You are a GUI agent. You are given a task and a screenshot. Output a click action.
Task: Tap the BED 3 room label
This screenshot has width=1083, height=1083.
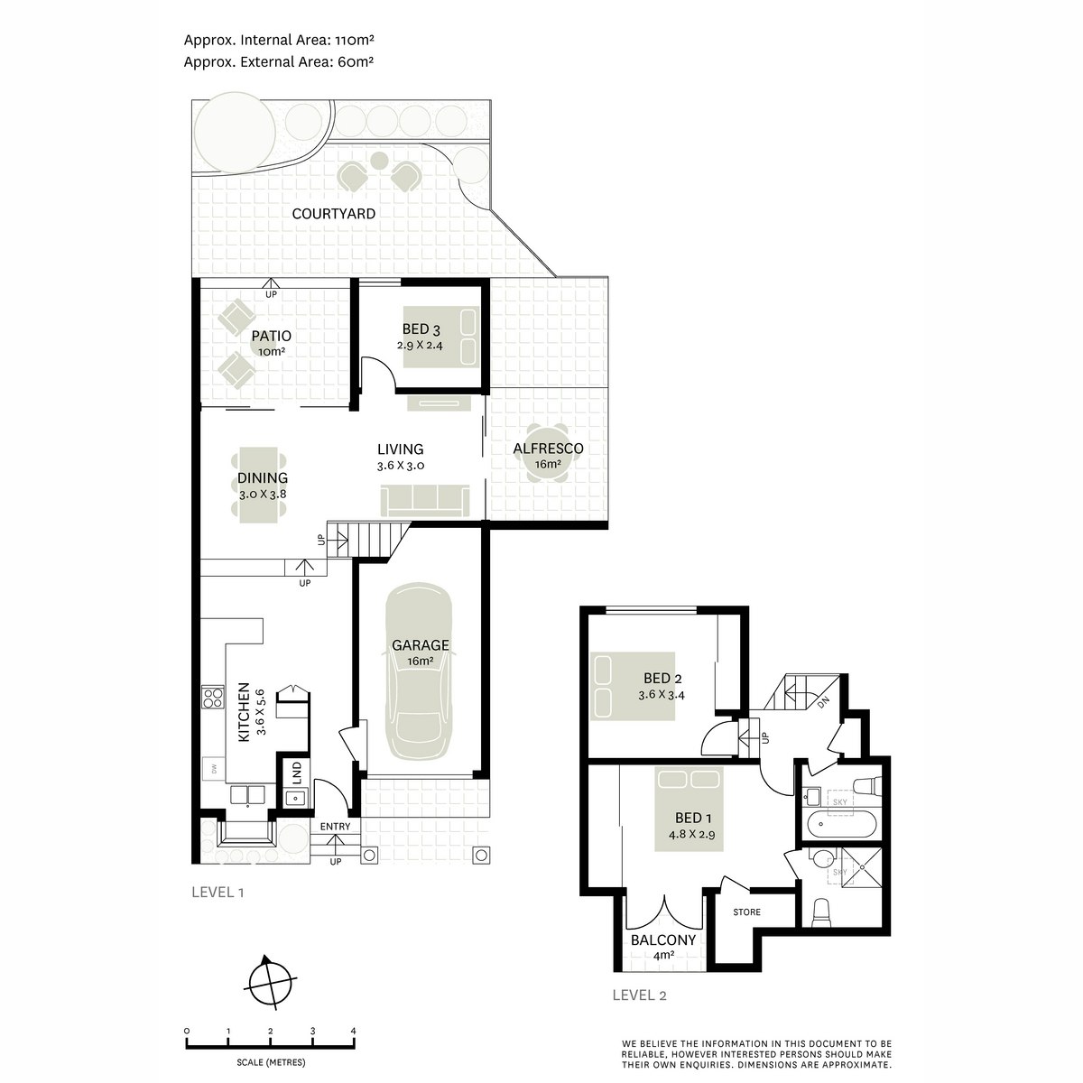click(x=416, y=329)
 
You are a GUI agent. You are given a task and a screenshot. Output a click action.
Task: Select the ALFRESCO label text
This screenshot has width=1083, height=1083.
click(x=548, y=449)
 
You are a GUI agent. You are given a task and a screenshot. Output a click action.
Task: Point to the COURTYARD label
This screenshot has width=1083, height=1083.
click(x=334, y=214)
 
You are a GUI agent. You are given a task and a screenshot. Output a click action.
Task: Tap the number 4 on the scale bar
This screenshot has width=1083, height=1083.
click(x=353, y=1031)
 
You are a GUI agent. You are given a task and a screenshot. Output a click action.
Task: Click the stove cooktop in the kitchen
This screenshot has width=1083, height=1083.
click(x=212, y=697)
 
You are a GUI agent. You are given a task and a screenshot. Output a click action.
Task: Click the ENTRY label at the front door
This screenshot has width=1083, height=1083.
click(x=335, y=827)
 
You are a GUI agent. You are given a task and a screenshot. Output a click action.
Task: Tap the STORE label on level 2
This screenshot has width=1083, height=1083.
click(x=746, y=912)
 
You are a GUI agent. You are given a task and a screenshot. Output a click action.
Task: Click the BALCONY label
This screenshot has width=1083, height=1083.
click(x=663, y=940)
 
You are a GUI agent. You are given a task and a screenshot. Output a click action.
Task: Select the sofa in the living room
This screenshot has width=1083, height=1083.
click(x=425, y=499)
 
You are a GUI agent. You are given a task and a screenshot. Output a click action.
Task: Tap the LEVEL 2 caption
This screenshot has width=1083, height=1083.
click(x=639, y=995)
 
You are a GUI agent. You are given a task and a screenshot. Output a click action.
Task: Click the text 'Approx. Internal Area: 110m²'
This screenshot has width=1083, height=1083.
click(x=280, y=40)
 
